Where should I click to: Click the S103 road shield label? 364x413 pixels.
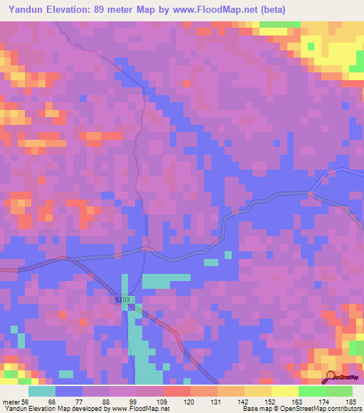(122, 301)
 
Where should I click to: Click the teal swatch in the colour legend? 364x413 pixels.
(42, 391)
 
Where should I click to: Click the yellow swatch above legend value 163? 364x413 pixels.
(284, 391)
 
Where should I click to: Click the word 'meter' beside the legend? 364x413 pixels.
(9, 402)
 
